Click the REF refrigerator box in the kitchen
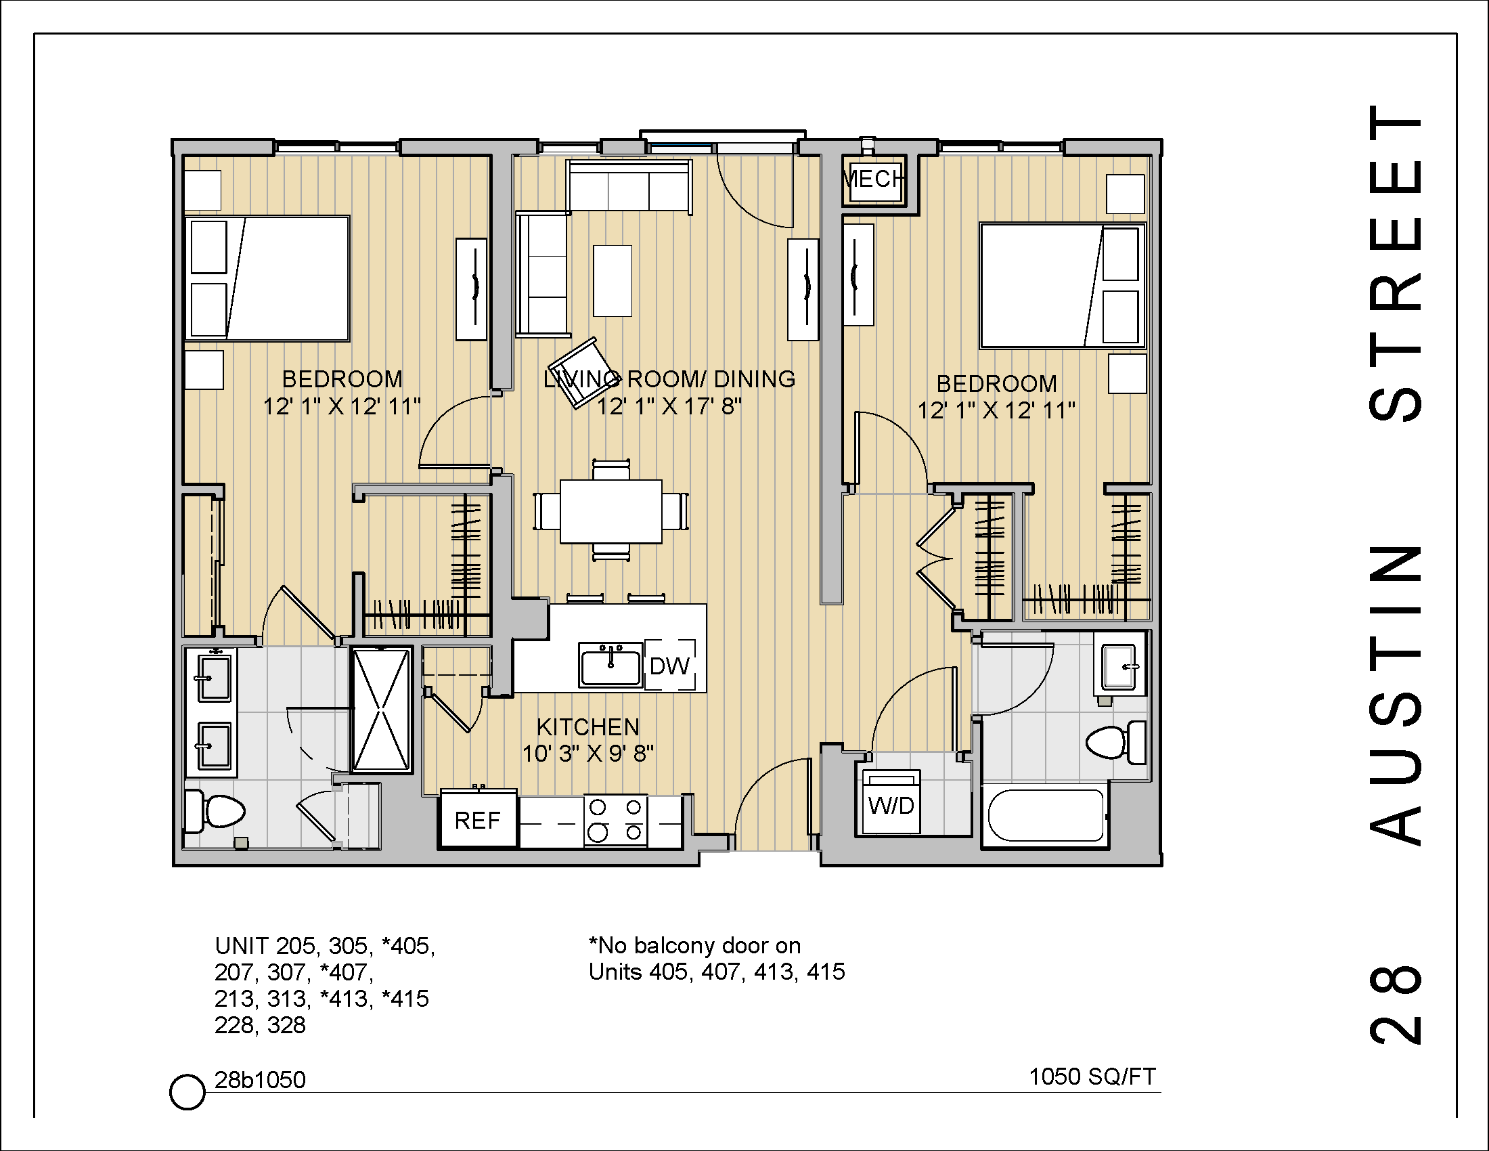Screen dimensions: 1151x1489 tap(477, 820)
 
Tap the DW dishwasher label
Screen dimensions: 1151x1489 tap(669, 666)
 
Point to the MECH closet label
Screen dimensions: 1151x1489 tap(873, 179)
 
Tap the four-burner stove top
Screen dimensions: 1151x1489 tap(616, 821)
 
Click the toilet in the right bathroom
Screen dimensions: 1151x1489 tap(1115, 742)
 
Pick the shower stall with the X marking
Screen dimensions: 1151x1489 tap(382, 710)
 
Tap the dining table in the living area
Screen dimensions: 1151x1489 tap(611, 511)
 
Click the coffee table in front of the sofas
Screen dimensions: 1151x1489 tap(613, 281)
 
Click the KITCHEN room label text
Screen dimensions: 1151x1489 tap(587, 727)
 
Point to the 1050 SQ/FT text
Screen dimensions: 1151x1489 tap(1092, 1077)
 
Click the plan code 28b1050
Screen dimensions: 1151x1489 tap(260, 1080)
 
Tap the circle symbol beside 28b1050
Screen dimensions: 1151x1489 tap(187, 1091)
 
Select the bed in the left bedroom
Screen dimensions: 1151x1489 tap(267, 278)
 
